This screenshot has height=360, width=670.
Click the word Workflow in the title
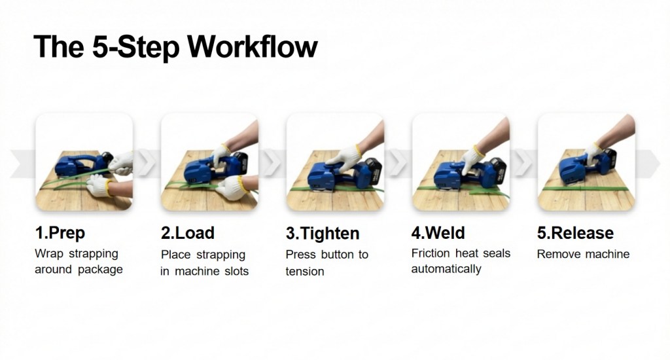(x=253, y=46)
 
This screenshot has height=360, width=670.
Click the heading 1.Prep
(x=60, y=234)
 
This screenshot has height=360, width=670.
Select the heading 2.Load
(x=188, y=233)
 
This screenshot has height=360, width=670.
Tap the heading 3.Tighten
(x=323, y=234)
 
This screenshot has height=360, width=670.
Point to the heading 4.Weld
(x=438, y=233)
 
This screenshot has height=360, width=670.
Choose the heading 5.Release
(x=575, y=233)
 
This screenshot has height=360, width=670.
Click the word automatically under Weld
(x=446, y=270)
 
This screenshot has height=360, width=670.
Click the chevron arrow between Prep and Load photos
(x=147, y=162)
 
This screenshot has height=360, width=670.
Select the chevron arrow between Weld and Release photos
(x=523, y=162)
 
